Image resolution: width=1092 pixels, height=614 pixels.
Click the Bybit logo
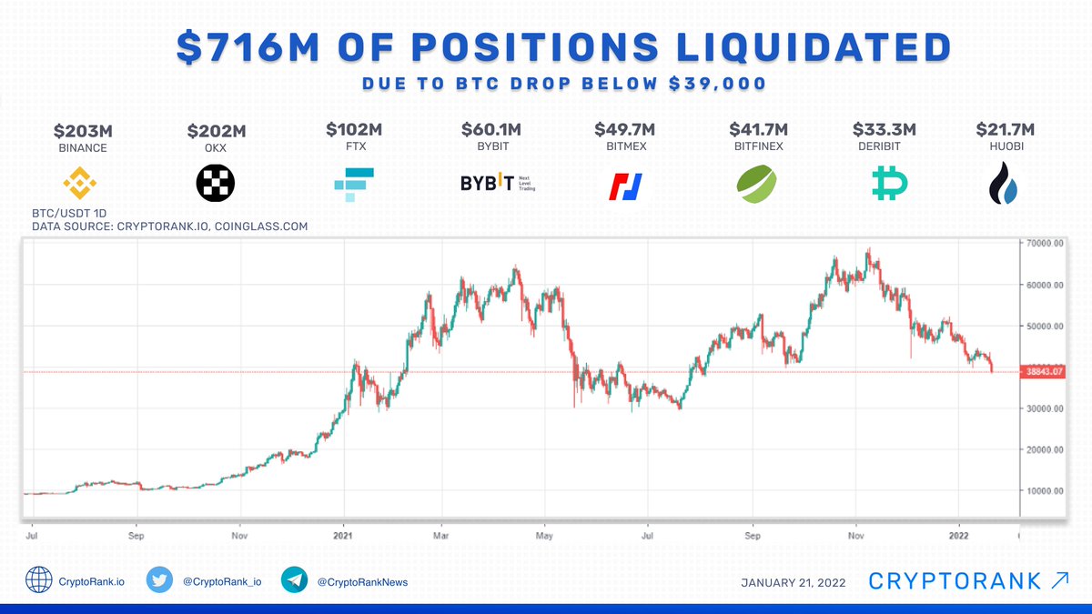pos(499,184)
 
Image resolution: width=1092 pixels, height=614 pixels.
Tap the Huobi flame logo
pos(1006,184)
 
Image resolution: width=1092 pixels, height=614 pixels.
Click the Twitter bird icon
pos(161,580)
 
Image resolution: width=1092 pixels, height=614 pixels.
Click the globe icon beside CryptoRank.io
pos(39,580)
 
